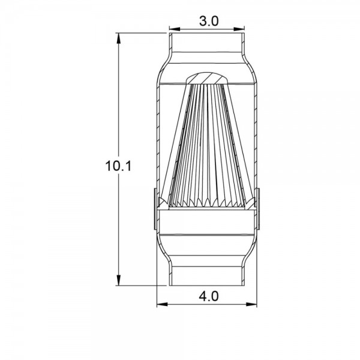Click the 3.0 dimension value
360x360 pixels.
coord(209,22)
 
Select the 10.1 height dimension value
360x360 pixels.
coord(118,166)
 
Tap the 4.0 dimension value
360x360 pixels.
coord(209,296)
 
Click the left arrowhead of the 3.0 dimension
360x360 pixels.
coord(175,29)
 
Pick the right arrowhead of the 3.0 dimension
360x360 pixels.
coord(239,29)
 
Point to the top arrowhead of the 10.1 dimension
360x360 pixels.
coord(118,38)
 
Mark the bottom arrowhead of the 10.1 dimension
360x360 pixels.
coord(118,280)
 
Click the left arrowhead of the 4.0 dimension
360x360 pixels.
coord(162,304)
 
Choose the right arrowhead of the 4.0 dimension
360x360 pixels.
coord(251,304)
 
